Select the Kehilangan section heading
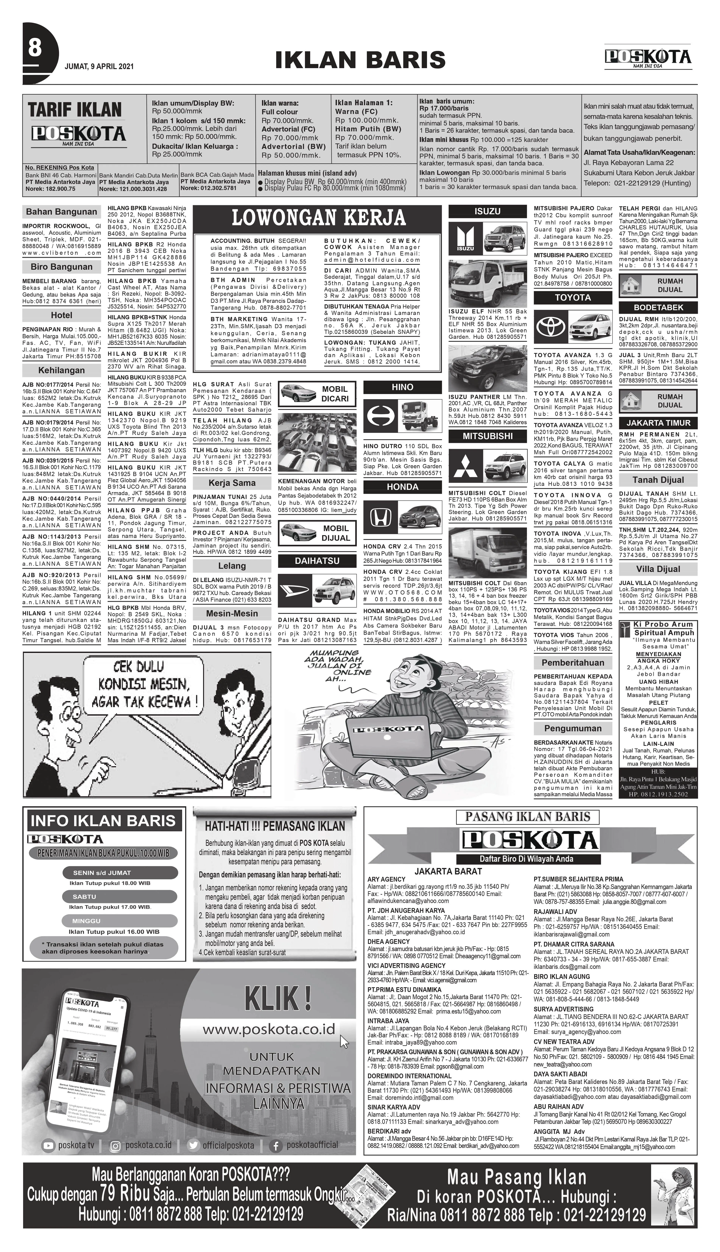point(61,370)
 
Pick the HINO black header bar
point(403,387)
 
